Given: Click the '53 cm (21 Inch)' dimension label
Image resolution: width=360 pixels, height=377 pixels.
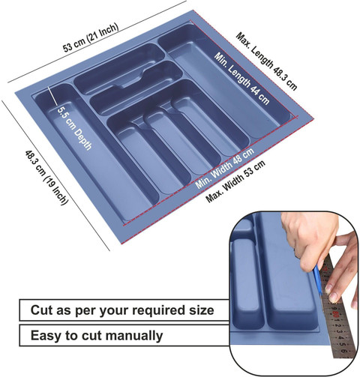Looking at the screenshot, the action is coord(91,37).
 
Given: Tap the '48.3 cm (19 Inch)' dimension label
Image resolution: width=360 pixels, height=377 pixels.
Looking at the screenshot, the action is coord(46,178).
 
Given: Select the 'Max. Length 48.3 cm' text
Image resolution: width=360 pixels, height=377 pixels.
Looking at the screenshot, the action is coord(266,61).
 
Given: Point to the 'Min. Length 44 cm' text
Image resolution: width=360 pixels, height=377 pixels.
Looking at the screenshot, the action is coord(241,78).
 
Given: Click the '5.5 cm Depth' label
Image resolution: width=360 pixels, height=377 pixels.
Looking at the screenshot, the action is coord(74,128).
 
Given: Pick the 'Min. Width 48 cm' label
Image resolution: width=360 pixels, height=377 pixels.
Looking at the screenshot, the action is coord(225,168).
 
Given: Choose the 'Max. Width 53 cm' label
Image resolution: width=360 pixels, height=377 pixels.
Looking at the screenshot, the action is coord(235,181).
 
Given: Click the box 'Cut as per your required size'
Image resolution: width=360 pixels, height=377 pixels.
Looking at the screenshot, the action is coord(124,310).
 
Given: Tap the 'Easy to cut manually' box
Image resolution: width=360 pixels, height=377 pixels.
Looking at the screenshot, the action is coord(124,335).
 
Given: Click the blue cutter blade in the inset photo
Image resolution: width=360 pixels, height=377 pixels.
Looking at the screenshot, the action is coord(318,279).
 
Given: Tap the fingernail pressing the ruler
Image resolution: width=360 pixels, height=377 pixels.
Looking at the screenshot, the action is coord(333,297).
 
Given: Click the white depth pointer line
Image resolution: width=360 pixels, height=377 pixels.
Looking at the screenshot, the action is coord(52,97).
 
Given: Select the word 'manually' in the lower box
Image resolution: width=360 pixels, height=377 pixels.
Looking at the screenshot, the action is coord(134,336).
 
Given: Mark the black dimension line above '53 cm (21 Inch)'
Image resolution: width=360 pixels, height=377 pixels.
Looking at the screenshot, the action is coord(97,42).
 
